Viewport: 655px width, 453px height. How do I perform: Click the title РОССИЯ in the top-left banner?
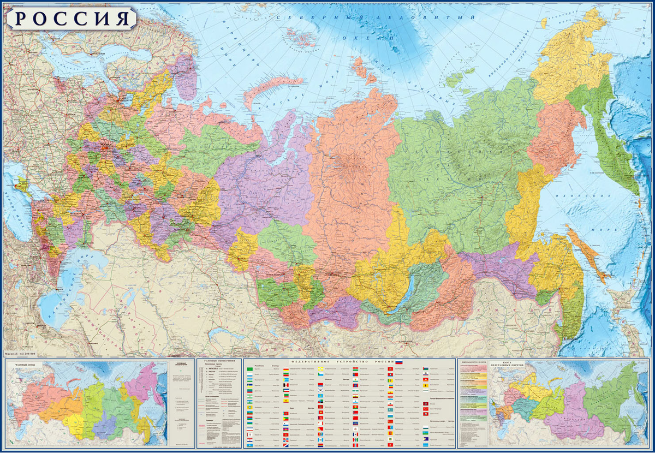point(71,18)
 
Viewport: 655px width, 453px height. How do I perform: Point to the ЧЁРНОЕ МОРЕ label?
point(16,202)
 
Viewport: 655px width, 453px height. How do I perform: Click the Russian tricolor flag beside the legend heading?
point(398,362)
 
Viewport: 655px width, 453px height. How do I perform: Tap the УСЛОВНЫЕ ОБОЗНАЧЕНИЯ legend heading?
point(218,362)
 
